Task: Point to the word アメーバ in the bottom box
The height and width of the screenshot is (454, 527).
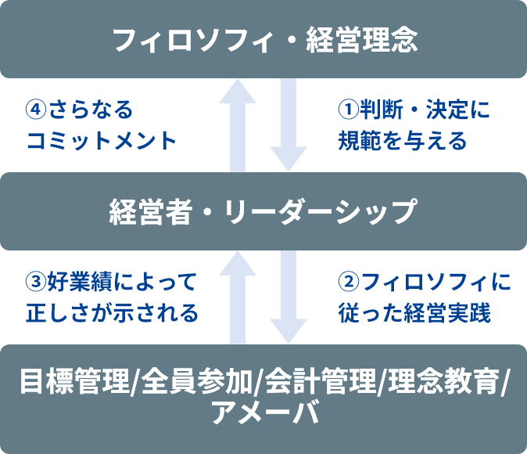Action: click(x=264, y=413)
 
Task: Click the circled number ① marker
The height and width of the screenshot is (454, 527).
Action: click(x=347, y=110)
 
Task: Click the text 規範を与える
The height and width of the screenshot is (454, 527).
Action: click(x=402, y=142)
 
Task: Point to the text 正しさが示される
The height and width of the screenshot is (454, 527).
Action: click(x=113, y=313)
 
